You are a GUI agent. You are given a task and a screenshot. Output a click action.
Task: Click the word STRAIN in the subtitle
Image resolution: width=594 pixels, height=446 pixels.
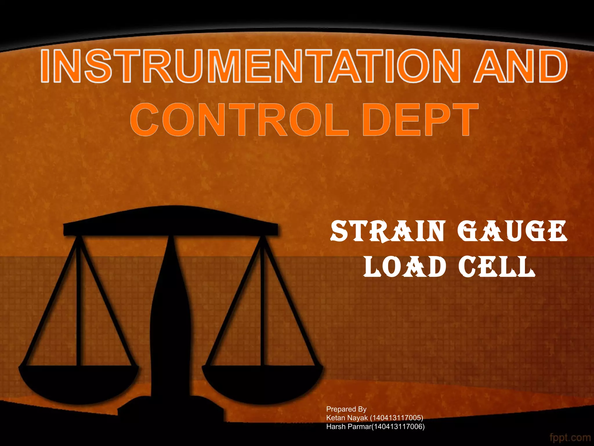click(387, 231)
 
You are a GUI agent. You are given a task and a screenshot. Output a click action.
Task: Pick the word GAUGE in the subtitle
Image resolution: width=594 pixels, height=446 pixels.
click(512, 231)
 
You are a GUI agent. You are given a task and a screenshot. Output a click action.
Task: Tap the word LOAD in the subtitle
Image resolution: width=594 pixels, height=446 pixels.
click(405, 267)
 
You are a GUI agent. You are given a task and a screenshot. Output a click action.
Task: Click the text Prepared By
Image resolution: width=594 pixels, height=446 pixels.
click(346, 409)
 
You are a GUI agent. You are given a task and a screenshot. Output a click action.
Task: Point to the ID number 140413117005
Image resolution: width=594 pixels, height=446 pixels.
click(396, 418)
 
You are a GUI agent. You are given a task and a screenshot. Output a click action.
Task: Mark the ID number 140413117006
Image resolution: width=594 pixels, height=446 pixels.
click(398, 427)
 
